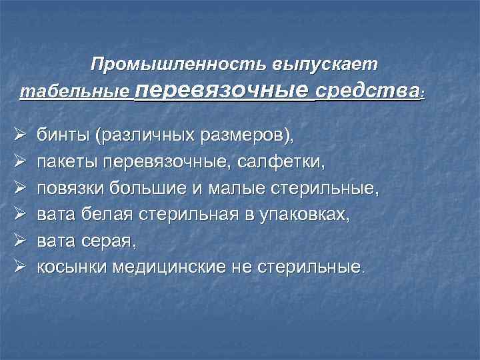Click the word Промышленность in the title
coord(178,65)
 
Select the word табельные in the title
coord(75,91)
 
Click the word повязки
coord(73,189)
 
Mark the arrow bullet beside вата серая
coord(19,241)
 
